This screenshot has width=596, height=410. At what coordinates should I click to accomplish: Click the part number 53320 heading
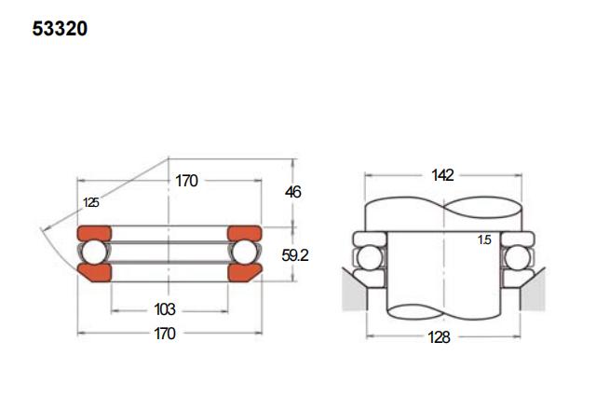pos(60,29)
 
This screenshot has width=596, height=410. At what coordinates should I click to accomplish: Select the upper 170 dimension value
pos(186,181)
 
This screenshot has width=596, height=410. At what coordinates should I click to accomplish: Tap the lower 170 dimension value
pos(165,334)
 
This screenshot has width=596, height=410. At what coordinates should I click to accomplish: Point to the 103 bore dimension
pos(165,309)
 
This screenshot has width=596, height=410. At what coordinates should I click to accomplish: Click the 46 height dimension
pos(293,192)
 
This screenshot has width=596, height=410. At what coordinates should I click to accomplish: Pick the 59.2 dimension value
pos(295,255)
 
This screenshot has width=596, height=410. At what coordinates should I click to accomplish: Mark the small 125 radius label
pos(91,202)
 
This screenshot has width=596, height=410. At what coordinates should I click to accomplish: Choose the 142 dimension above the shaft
pos(442,175)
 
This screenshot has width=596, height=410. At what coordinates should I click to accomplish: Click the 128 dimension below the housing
pos(439,337)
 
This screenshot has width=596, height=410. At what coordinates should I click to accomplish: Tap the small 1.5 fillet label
pos(484,239)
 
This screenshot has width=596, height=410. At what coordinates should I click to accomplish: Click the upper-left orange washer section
pos(94,234)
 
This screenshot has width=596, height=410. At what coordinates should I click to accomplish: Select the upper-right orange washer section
pos(244,234)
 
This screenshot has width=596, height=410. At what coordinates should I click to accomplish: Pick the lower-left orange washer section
pos(95,273)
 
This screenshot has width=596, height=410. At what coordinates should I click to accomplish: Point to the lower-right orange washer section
pos(244,273)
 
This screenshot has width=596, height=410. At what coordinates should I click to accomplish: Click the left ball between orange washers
pos(95,253)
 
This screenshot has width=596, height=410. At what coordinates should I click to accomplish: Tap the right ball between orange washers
pos(244,253)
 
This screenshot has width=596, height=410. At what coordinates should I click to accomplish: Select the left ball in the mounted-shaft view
pos(370,258)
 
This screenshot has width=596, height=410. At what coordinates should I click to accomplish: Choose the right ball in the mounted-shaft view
pos(518,258)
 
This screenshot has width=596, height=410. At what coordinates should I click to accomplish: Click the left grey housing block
pos(356,291)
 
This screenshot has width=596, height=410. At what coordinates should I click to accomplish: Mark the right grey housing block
pos(533,291)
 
